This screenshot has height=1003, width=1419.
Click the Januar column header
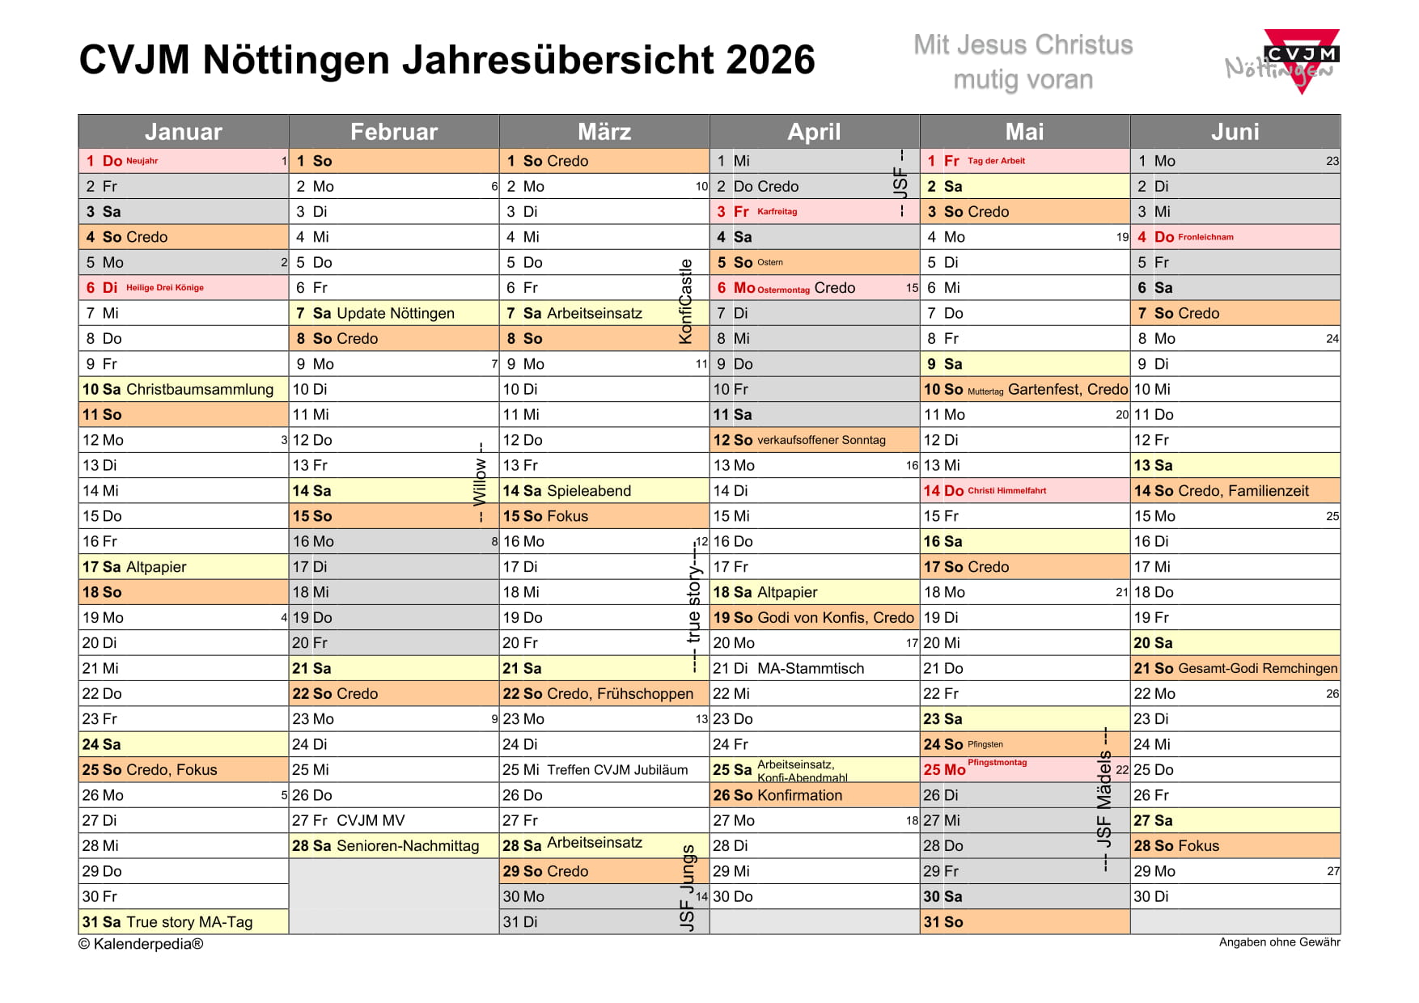(x=184, y=132)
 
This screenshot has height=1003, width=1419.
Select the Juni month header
(x=1235, y=132)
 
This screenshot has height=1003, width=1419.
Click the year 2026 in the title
(x=770, y=60)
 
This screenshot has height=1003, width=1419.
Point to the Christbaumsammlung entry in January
(x=200, y=389)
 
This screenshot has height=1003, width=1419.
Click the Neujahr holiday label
(x=142, y=161)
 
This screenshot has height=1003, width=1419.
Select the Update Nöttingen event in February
(x=396, y=313)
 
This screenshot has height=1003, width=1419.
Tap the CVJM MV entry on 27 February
(x=371, y=820)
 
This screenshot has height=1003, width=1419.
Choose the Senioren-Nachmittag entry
(x=408, y=846)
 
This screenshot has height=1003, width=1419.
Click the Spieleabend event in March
(x=589, y=491)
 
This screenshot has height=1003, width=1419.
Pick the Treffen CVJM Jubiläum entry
(x=617, y=770)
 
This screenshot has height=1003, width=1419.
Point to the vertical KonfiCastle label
(x=686, y=301)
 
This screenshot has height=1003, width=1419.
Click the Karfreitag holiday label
(x=777, y=212)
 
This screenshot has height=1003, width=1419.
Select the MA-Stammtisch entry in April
(x=811, y=668)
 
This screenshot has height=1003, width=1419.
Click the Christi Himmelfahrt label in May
(x=1007, y=491)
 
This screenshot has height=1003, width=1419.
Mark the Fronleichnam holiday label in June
(x=1206, y=237)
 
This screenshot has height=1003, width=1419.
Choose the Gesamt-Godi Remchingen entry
(x=1258, y=668)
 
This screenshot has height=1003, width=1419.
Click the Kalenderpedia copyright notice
(x=141, y=944)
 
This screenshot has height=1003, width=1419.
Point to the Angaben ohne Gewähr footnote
(x=1279, y=942)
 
